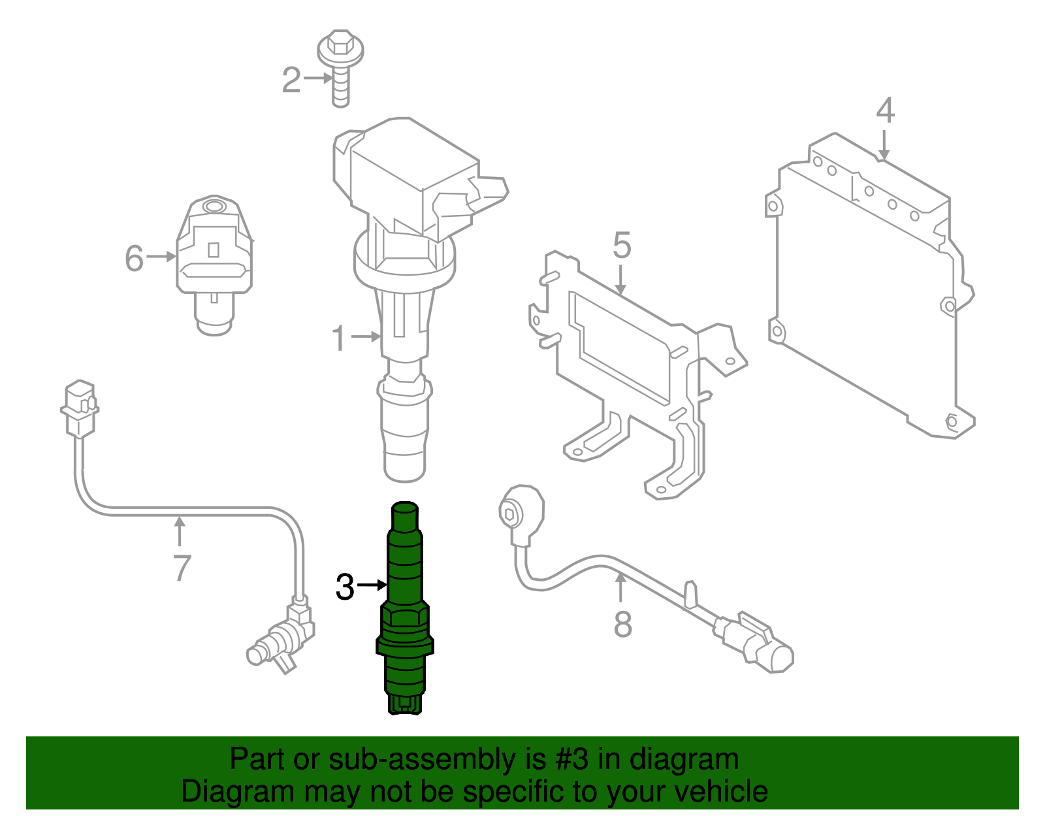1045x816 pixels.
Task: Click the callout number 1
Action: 338,338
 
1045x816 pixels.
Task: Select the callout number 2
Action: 291,80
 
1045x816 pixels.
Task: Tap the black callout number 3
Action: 345,587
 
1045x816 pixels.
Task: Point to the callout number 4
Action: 885,111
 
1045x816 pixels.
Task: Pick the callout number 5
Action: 622,246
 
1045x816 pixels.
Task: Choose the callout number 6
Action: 134,258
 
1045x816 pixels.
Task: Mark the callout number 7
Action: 182,568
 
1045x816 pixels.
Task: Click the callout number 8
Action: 622,623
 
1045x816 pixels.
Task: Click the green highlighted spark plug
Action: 405,608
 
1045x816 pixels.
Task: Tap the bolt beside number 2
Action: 340,65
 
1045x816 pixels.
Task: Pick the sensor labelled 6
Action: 214,261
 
